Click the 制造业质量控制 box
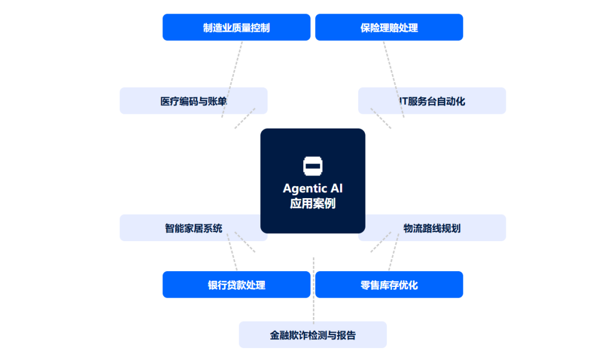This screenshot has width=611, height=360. pos(236,27)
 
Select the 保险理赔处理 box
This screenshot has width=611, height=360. pos(389,27)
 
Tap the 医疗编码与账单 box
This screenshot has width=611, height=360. pos(193,101)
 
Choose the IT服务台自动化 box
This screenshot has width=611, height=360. pos(432,101)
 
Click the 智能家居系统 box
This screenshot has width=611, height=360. pos(193,228)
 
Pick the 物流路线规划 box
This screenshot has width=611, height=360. pos(432,228)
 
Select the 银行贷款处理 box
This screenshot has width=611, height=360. pos(236,285)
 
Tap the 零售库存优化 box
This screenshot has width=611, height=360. pos(389,285)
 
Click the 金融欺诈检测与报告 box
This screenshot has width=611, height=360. pos(313,335)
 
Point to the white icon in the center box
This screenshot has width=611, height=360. pos(313,165)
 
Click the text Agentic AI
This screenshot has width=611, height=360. pos(313,188)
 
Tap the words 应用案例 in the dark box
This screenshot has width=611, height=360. pos(313,203)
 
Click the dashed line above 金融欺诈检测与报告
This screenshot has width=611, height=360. pos(313,289)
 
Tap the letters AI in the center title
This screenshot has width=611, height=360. pos(336,188)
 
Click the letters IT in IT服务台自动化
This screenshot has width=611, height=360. pos(403,101)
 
